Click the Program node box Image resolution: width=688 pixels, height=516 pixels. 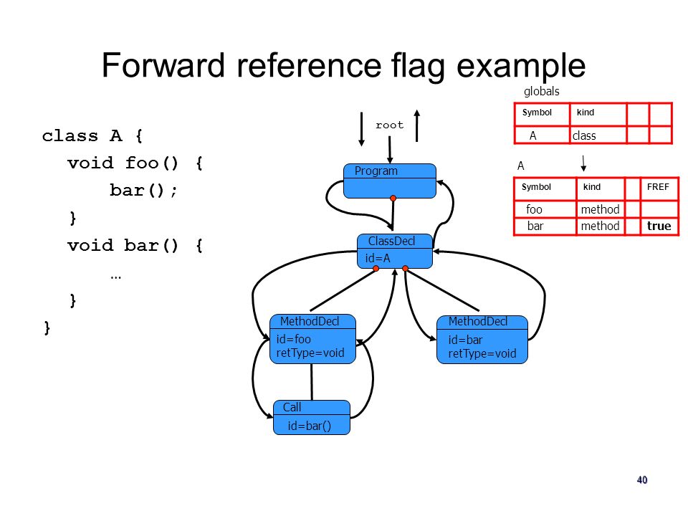tap(390, 181)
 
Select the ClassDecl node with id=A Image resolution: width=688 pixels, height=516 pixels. tap(394, 251)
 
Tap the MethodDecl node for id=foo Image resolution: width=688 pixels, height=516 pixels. tap(312, 339)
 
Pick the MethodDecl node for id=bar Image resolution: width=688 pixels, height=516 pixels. tap(482, 340)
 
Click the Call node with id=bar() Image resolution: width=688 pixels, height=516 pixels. tap(312, 417)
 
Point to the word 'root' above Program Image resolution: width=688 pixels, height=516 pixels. tap(389, 125)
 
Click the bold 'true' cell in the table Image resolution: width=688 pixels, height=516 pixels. tap(659, 226)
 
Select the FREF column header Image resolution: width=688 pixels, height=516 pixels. tap(658, 187)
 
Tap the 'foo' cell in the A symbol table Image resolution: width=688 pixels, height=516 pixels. tap(534, 209)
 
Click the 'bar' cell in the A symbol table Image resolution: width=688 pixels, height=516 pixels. tap(535, 226)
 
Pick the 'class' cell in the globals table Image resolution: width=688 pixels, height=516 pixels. tap(584, 135)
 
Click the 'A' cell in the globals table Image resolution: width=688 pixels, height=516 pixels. tap(532, 135)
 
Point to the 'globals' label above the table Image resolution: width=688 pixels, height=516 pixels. tap(542, 91)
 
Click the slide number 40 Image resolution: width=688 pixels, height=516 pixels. tap(642, 479)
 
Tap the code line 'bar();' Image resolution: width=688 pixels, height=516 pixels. tap(143, 191)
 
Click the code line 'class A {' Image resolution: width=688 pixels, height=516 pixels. tap(92, 136)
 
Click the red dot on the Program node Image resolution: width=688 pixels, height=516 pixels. tap(393, 199)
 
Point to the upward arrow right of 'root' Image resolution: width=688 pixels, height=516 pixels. tap(417, 125)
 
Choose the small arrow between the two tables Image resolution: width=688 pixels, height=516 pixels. tap(583, 163)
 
